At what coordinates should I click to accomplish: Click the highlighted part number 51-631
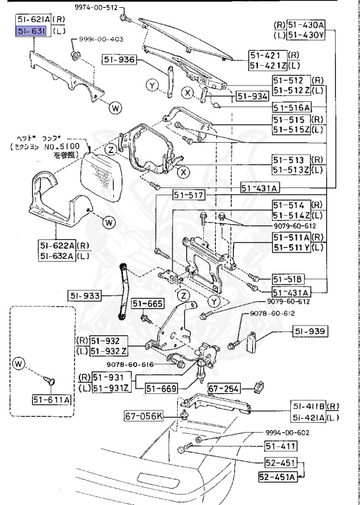(x=31, y=31)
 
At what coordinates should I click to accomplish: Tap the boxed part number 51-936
(x=119, y=60)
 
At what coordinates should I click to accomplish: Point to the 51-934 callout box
(x=253, y=96)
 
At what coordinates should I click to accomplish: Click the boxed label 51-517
(x=189, y=196)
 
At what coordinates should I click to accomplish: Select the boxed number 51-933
(x=83, y=297)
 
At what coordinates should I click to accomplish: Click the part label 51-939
(x=310, y=331)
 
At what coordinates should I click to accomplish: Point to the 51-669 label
(x=161, y=388)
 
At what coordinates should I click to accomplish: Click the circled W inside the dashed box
(x=18, y=362)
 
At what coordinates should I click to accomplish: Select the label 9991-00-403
(x=101, y=39)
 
